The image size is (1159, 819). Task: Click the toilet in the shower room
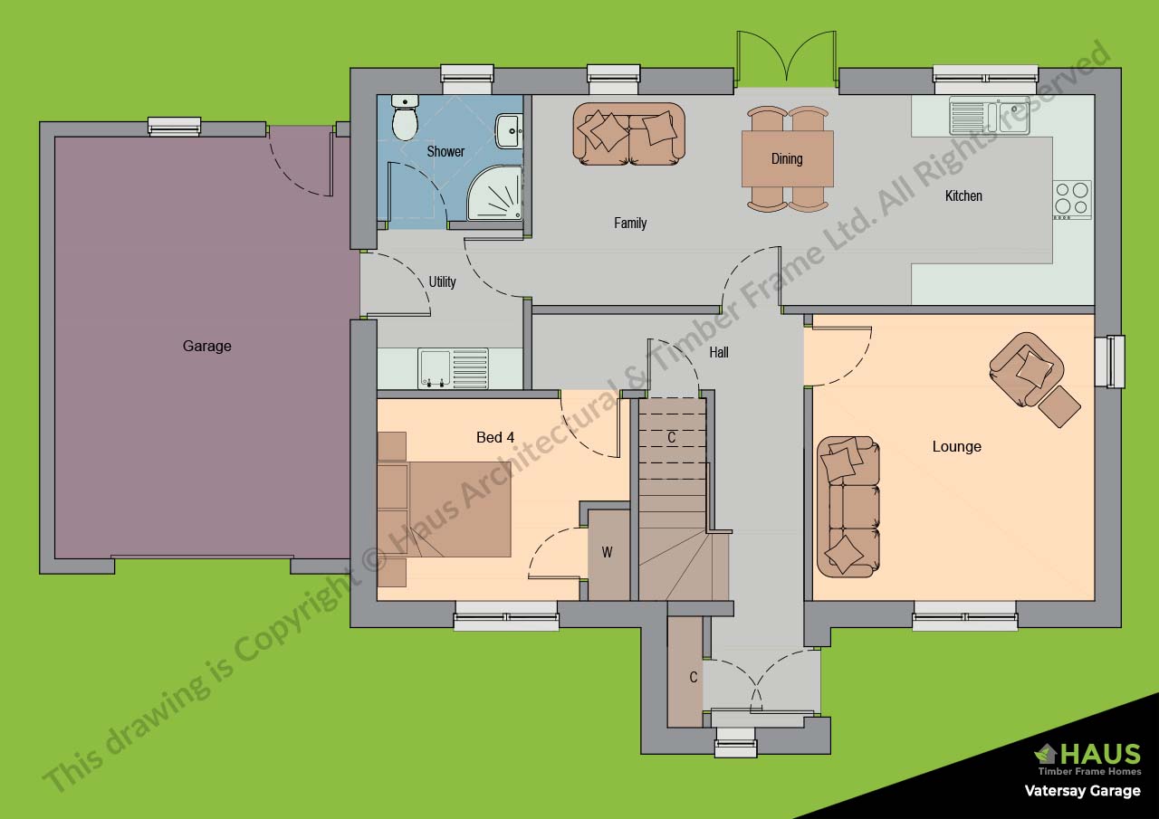point(405,117)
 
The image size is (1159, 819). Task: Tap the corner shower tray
point(494,193)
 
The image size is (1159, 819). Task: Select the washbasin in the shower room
point(509,131)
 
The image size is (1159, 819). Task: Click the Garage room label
point(207,346)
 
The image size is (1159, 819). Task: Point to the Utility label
point(443,281)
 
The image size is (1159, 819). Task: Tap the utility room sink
point(454,368)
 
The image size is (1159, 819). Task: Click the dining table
point(787,158)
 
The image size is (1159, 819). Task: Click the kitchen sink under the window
point(989,115)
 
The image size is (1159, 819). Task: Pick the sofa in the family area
point(628,134)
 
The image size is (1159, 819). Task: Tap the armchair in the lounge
point(1026,368)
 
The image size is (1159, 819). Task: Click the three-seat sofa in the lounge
point(848,507)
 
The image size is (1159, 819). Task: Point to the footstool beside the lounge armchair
point(1059,406)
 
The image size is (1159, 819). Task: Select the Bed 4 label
point(495,437)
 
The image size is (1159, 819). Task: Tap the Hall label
point(719,353)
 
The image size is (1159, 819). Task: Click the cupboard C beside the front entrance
point(685,672)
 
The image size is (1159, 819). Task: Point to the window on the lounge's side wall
point(1110,361)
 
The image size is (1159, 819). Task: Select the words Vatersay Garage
point(1082,791)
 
